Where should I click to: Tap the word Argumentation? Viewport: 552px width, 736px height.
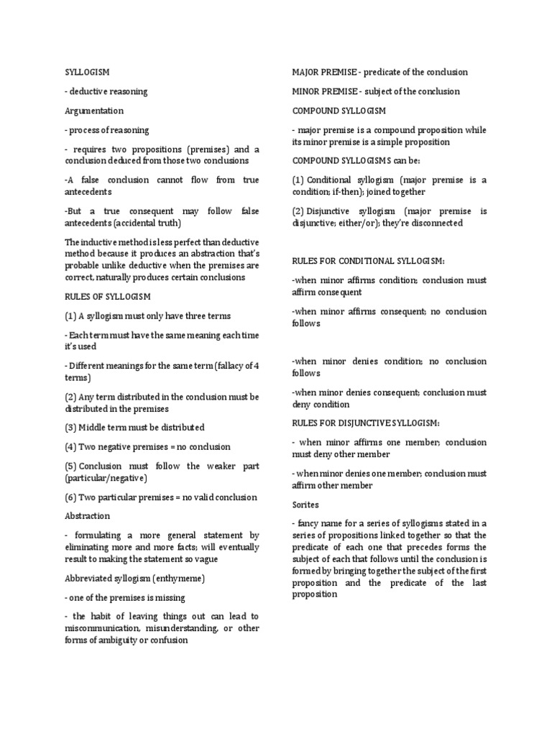pos(93,111)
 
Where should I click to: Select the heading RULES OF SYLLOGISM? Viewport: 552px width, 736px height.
pos(108,296)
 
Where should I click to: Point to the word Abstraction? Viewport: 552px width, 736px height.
pos(87,516)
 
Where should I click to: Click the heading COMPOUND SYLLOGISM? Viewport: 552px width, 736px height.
pos(339,111)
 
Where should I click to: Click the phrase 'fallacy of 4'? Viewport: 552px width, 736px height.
pos(234,366)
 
